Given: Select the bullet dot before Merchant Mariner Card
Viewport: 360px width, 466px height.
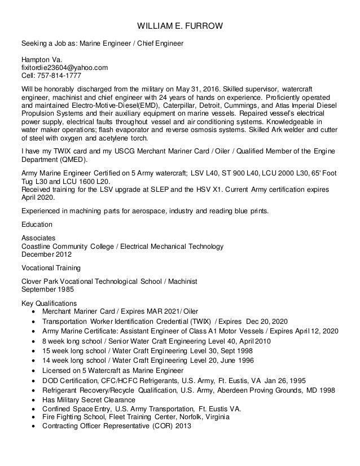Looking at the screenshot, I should tap(37, 312).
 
